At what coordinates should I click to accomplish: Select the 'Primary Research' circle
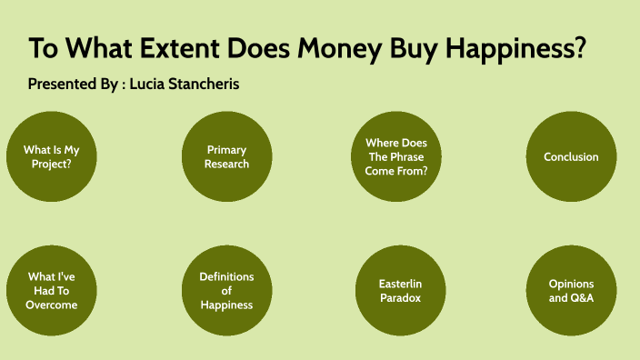pos(226,156)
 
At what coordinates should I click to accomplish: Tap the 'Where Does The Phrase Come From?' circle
pos(395,156)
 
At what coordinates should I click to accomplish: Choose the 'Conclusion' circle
pos(571,156)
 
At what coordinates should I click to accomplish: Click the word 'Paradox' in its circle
pos(400,297)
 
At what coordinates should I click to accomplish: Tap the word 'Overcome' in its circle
pos(52,305)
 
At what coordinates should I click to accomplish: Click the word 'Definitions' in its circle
pos(226,276)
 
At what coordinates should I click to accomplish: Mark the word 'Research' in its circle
pos(226,164)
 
